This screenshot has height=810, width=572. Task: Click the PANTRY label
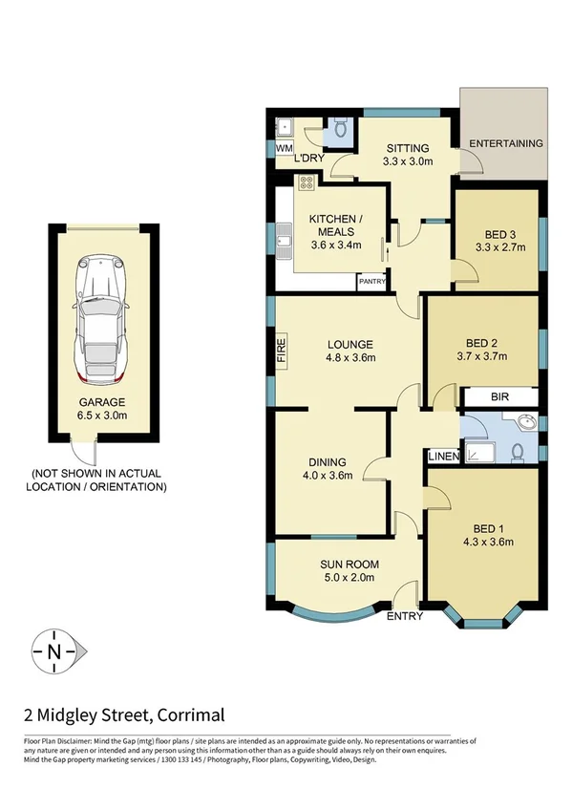(371, 282)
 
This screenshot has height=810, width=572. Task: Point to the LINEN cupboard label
(443, 457)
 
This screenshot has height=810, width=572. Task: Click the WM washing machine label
(283, 149)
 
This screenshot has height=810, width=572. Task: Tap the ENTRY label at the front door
(404, 616)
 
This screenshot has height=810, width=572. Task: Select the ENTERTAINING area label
(505, 143)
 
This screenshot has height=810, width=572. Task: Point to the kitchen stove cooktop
(307, 183)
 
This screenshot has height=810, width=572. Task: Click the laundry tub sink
(284, 125)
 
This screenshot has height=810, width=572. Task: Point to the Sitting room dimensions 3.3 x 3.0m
(408, 161)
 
